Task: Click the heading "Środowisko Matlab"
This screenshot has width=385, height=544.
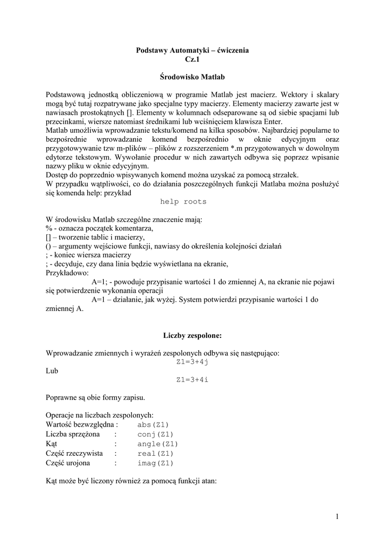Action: click(192, 77)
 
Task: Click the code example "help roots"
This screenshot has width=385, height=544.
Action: click(183, 202)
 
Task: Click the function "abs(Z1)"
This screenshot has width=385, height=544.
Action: click(153, 425)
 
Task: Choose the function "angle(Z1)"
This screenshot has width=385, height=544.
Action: click(157, 444)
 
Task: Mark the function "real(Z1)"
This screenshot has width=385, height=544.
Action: click(155, 454)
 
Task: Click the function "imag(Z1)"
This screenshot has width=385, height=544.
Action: click(155, 463)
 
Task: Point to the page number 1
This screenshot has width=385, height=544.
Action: click(337, 516)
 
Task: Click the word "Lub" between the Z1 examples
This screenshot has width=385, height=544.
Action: click(52, 371)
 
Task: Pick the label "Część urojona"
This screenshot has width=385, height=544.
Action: click(68, 463)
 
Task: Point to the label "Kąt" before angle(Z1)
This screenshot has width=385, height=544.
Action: click(52, 444)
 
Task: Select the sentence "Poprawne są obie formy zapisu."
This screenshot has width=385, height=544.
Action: click(95, 397)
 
